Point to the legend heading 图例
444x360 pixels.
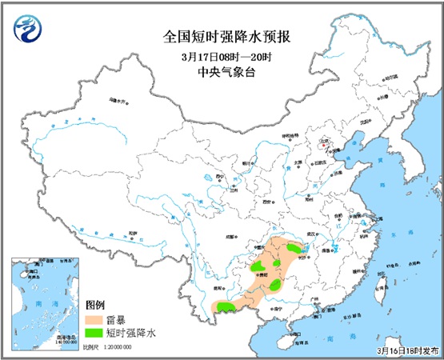click(94, 305)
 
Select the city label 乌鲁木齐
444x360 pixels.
click(118, 102)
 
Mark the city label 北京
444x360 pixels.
click(324, 147)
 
